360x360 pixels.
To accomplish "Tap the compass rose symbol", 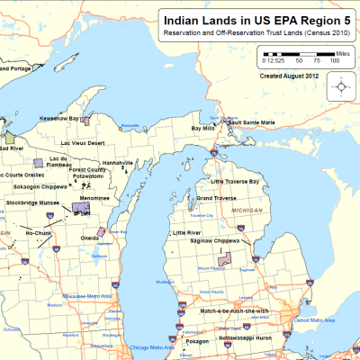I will (343, 87).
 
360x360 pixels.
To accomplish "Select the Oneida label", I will (90, 238).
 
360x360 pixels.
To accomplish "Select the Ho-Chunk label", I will (39, 232).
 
